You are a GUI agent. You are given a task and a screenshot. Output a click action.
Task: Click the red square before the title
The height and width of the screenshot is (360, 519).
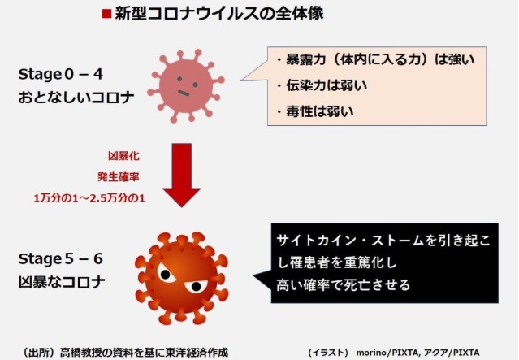106,14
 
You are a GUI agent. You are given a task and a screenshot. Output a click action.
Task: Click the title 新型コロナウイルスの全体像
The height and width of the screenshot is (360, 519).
218,14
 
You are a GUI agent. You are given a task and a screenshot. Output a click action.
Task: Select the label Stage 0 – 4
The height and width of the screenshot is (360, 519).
61,74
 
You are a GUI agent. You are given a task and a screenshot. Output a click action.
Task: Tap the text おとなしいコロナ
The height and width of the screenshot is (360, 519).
76,98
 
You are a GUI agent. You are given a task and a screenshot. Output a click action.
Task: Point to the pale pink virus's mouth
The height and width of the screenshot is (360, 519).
184,93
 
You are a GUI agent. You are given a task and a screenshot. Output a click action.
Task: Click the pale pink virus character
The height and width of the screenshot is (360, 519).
186,86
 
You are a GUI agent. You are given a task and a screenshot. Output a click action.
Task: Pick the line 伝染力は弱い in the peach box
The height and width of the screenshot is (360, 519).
322,85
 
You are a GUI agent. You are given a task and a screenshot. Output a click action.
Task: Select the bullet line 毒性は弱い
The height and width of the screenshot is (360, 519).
315,111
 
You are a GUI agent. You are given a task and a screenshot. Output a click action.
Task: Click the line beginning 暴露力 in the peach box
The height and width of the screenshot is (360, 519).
375,59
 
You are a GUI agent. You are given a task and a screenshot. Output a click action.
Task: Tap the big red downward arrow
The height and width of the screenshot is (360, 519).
182,175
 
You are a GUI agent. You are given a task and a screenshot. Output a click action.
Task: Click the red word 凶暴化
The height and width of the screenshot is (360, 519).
123,156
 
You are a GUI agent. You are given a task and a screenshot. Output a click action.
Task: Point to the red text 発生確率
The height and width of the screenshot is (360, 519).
118,177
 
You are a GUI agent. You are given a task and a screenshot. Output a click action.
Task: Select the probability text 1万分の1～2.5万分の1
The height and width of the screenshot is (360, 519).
89,198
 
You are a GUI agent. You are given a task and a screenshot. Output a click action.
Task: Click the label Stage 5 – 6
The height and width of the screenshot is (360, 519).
61,259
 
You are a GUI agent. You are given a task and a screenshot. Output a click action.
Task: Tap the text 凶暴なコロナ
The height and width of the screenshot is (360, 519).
62,282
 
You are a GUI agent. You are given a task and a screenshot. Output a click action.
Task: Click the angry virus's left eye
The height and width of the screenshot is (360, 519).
166,274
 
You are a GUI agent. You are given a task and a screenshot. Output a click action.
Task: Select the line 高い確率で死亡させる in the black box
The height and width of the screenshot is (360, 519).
344,284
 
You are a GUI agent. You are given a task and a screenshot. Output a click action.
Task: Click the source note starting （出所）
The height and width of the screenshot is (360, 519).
124,353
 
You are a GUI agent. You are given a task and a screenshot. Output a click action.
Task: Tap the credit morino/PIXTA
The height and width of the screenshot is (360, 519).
388,353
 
